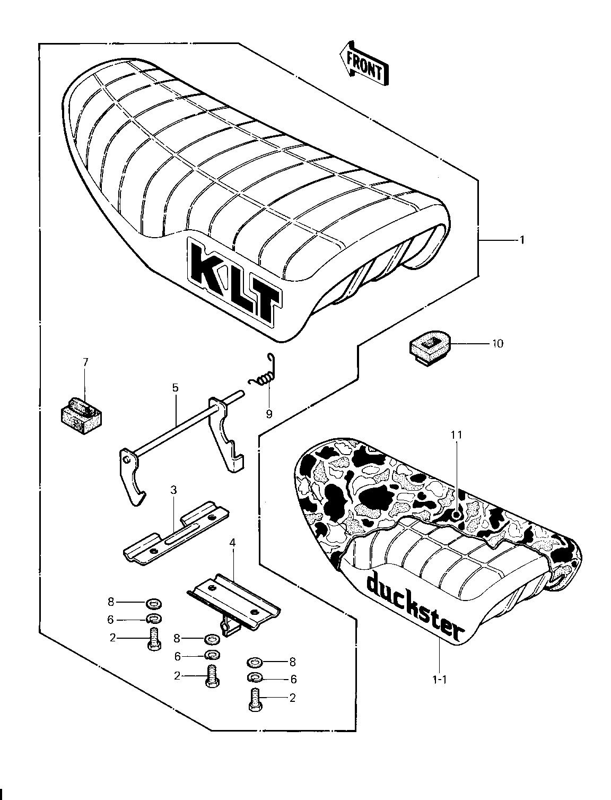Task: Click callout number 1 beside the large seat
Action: coord(522,240)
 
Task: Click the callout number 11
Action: coord(456,434)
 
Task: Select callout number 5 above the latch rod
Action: coord(175,388)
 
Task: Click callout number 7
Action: coord(85,362)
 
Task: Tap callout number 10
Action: coord(497,343)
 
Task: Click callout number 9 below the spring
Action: coord(269,414)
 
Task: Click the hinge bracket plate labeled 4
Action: coord(233,599)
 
